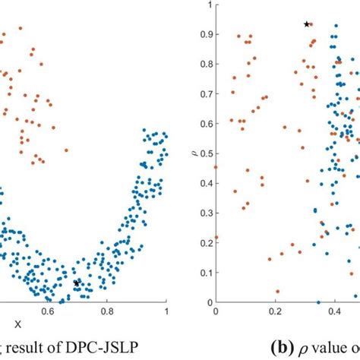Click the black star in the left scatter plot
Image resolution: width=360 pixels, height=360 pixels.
[77, 283]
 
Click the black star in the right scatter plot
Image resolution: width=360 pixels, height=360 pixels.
[307, 24]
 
